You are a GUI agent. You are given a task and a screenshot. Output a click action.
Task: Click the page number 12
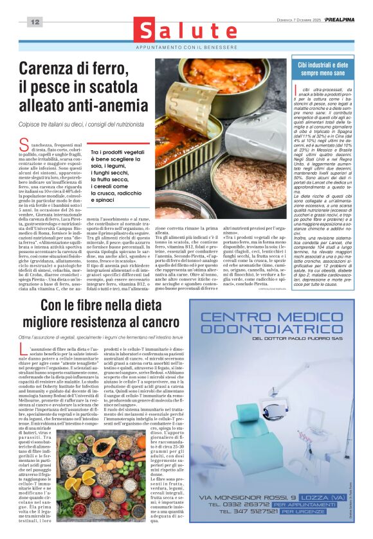(x=34, y=22)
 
